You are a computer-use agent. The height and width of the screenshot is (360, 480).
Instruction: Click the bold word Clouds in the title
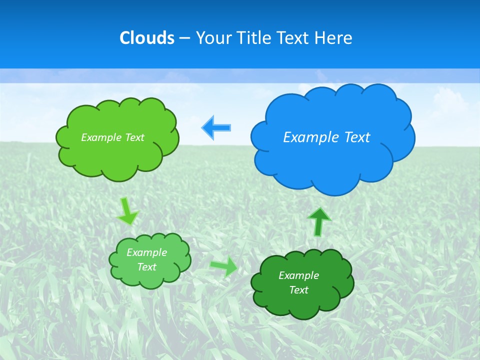[x=146, y=38]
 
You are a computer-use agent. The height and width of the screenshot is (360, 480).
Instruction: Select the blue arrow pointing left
[x=216, y=127]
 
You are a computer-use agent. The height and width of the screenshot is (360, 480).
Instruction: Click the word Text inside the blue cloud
[x=357, y=137]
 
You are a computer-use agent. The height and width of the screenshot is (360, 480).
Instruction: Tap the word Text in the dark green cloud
[x=298, y=290]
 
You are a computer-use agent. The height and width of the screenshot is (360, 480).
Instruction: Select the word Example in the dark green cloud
[x=298, y=275]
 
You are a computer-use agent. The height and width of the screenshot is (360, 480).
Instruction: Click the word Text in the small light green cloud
[x=146, y=267]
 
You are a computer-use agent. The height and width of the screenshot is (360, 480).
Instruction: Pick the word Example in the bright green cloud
[x=100, y=137]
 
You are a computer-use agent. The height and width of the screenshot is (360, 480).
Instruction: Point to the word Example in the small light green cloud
[x=146, y=252]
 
